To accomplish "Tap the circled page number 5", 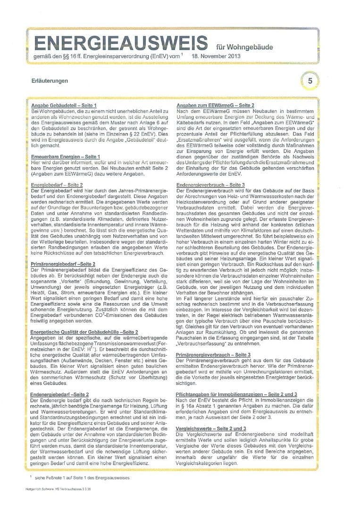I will click(x=310, y=81).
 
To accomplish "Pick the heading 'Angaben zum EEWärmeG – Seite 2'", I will click(x=215, y=105).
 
